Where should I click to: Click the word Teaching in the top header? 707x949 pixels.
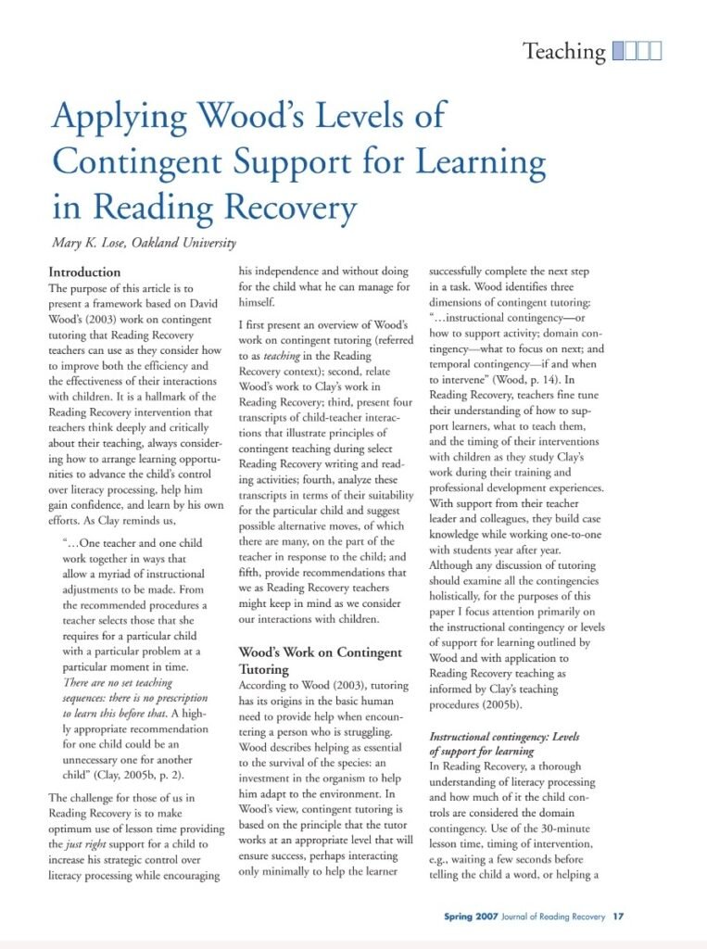(563, 51)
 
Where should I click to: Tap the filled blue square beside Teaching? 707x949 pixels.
(618, 51)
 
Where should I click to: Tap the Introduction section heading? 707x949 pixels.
(84, 272)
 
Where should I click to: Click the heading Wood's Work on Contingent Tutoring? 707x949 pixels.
(320, 661)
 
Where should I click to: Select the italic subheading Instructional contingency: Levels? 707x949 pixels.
(503, 737)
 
